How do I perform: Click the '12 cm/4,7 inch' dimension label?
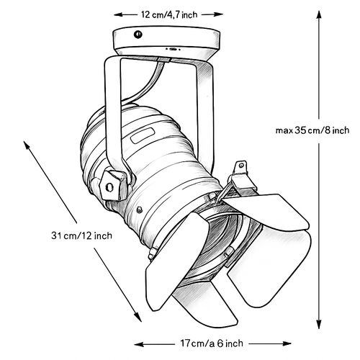169,14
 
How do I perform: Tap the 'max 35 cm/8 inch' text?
312,130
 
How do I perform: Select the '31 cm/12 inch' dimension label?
81,235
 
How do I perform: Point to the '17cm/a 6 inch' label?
212,343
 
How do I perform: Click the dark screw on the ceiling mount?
138,35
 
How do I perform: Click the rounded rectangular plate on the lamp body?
143,135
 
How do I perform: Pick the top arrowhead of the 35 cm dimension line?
319,16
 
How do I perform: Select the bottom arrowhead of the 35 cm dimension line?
319,323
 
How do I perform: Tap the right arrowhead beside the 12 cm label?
217,14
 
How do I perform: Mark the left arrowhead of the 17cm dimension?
140,345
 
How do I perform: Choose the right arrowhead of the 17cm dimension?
286,343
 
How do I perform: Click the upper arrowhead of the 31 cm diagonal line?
27,145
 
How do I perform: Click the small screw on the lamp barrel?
139,210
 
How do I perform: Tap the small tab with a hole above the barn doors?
240,168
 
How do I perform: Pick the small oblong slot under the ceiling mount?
173,49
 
